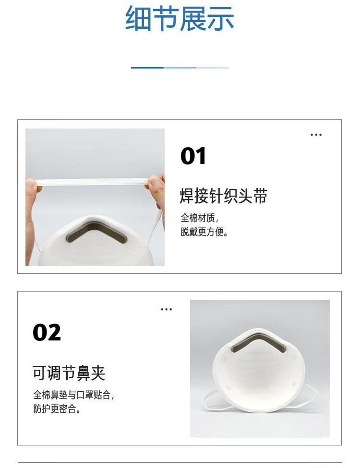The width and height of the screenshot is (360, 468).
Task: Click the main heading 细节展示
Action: tap(180, 19)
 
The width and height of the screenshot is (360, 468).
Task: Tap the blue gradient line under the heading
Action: tap(180, 68)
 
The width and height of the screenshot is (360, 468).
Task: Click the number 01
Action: tap(193, 156)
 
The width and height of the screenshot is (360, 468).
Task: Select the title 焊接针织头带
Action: tap(223, 196)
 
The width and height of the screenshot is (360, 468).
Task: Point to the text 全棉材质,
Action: tap(200, 217)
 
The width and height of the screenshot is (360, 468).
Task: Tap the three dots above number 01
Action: tap(316, 135)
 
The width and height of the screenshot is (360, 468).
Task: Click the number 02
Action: tap(47, 332)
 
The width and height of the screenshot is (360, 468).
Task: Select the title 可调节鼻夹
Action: tap(69, 373)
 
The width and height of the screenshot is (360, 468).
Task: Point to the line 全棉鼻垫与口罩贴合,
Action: tap(74, 395)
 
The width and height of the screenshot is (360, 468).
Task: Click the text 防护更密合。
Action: tap(57, 409)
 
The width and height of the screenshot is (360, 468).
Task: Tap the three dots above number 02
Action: tap(166, 310)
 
